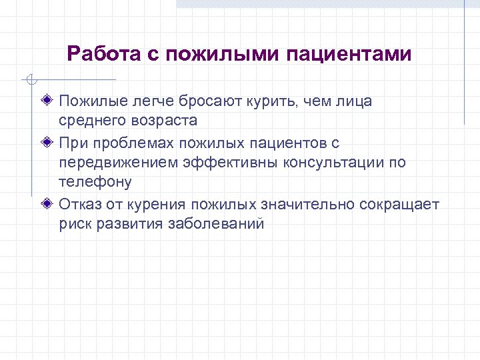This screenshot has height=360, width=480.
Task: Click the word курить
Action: pos(275,101)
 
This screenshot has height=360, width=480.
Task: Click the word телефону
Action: pos(95,183)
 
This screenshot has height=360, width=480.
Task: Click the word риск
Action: pos(75,224)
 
